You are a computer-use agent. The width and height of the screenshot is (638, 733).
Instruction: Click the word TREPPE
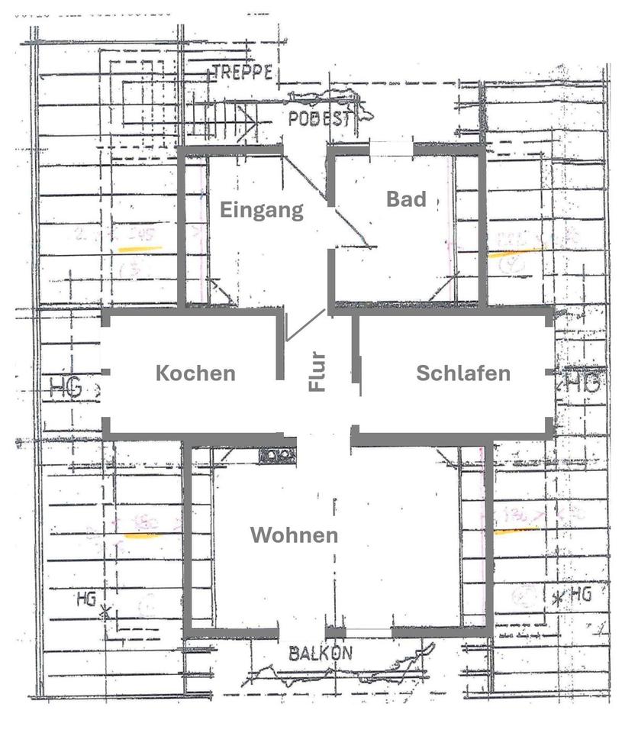[x=243, y=73]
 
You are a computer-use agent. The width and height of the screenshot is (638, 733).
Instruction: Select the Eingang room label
[x=262, y=210]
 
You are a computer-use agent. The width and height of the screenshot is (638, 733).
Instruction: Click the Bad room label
[x=405, y=199]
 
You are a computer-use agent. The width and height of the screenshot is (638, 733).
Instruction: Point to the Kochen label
[x=195, y=373]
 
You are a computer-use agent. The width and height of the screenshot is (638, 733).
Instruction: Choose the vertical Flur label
[x=317, y=371]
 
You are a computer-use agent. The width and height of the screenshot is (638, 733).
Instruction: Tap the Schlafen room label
[x=462, y=373]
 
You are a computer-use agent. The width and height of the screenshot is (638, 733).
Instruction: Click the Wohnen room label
[x=294, y=534]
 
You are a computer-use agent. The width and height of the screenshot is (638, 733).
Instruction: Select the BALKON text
[x=321, y=654]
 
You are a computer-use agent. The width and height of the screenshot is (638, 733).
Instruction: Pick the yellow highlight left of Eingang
[x=140, y=249]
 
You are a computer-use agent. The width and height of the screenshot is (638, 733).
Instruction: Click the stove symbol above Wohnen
[x=277, y=455]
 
